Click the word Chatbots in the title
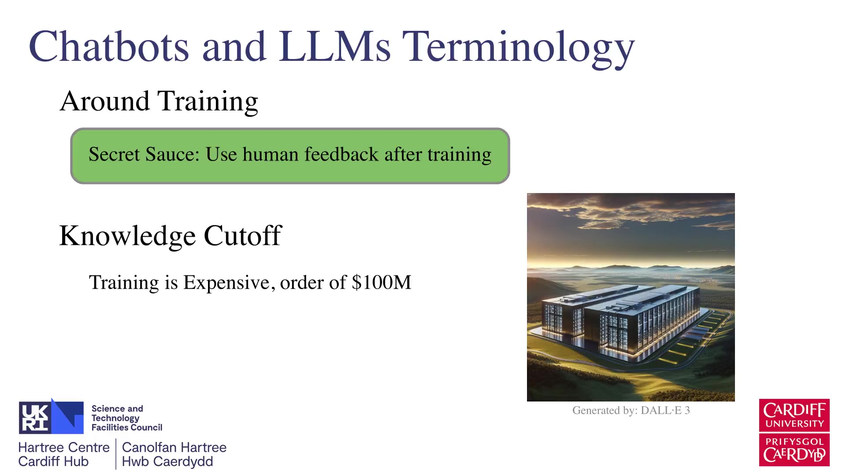pos(109,46)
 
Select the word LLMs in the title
pos(334,46)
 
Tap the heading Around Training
pos(159,101)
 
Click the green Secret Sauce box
pos(290,156)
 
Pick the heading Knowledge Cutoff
pos(170,236)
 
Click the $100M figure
pos(382,283)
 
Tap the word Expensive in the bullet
pos(226,283)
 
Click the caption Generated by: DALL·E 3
pos(631,410)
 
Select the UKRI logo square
pos(51,416)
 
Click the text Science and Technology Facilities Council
pos(127,418)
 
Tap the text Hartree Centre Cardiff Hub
pos(64,454)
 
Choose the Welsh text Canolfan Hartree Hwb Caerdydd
pos(174,454)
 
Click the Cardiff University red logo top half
pos(794,415)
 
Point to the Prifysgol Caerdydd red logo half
pos(794,450)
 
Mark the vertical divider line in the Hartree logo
pos(116,454)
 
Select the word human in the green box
pos(271,154)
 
